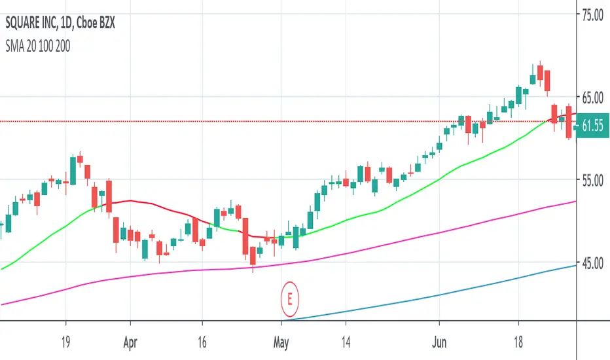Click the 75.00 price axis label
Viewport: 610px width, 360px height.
coord(590,14)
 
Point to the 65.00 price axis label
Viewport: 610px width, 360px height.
coord(590,97)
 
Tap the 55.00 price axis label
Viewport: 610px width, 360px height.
coord(590,180)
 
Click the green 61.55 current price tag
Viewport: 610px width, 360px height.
coord(592,126)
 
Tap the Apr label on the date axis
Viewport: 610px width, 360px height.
coord(130,342)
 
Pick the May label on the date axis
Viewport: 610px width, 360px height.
coord(281,342)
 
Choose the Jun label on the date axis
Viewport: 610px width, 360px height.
coord(439,342)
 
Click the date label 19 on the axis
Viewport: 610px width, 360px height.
coord(65,342)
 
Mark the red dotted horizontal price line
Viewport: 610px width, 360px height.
coord(196,121)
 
